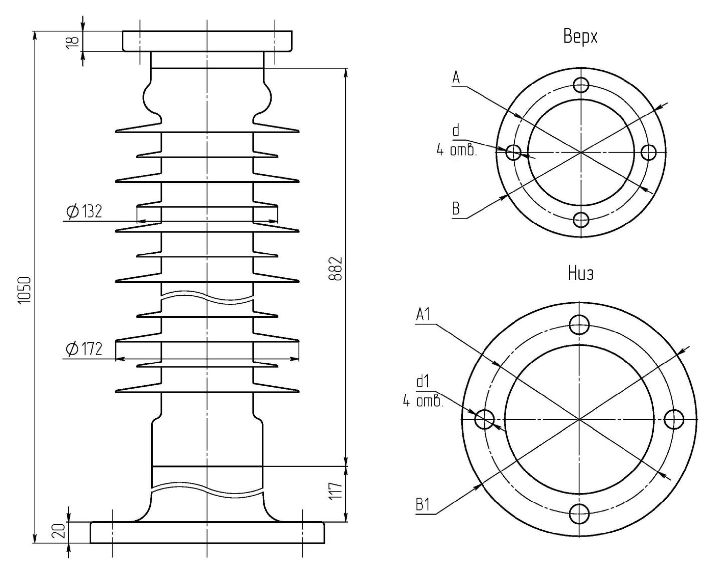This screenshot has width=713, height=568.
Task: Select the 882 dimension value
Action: click(x=336, y=269)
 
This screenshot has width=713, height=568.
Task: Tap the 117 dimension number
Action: click(x=336, y=491)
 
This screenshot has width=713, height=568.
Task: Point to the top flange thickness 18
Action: click(x=72, y=42)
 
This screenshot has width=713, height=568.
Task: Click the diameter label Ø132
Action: click(x=84, y=211)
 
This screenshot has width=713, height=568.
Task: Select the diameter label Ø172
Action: click(x=84, y=349)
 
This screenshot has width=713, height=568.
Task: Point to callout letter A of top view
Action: click(x=456, y=78)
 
